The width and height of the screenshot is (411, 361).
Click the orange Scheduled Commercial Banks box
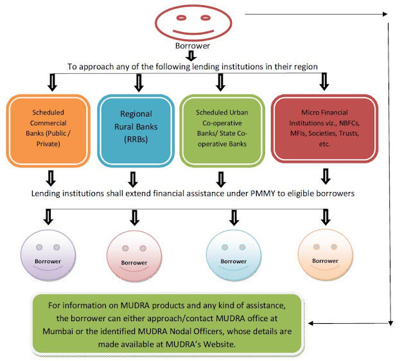click(48, 130)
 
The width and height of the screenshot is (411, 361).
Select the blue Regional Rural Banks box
click(136, 130)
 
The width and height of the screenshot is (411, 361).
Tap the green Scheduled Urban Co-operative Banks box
click(222, 130)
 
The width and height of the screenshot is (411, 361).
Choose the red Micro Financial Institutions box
click(324, 128)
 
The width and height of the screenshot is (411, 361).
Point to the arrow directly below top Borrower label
click(191, 56)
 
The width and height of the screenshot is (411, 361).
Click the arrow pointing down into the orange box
click(52, 82)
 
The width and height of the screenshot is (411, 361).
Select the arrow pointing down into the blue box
click(139, 83)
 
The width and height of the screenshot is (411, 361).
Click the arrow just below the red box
click(326, 176)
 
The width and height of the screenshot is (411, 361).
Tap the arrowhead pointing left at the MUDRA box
click(311, 323)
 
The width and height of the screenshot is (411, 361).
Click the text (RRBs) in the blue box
click(136, 139)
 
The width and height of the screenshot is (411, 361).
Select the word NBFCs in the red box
click(349, 123)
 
